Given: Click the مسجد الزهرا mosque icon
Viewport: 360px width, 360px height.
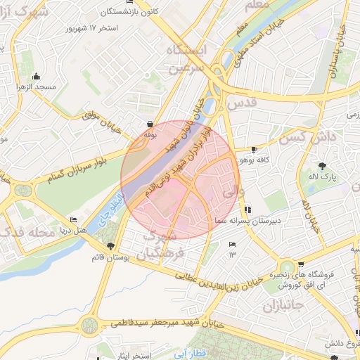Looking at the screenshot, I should tap(37, 77).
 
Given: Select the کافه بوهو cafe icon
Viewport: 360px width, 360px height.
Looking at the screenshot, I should tap(254, 150).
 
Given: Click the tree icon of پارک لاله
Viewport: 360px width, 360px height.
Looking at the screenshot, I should tap(323, 166).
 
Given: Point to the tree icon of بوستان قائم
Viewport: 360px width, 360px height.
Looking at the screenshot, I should tap(110, 245).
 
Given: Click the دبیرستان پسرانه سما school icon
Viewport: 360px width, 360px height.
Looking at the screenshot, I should tap(248, 210).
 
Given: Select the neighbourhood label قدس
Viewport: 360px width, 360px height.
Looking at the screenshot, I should tap(243, 103).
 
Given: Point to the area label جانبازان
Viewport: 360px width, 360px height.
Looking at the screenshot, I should tap(280, 307).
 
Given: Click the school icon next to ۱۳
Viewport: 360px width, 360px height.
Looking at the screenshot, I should tap(233, 244).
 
